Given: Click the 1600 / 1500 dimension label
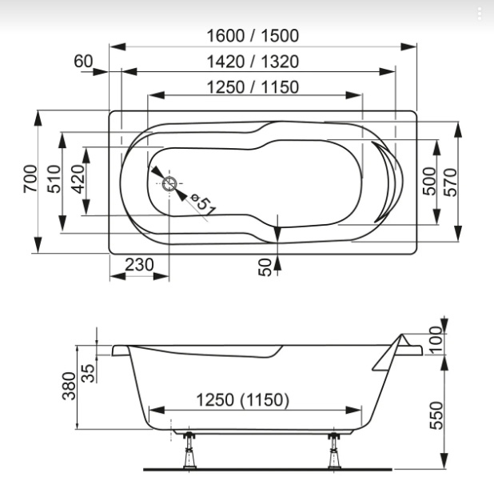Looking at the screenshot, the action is [x=253, y=36].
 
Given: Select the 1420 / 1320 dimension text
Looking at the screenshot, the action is [x=253, y=62].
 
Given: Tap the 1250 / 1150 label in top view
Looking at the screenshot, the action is [x=253, y=87].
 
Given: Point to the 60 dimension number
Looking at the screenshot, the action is [x=83, y=61].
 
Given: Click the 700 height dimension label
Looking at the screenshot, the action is [x=30, y=178].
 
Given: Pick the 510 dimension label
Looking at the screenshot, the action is [x=54, y=178].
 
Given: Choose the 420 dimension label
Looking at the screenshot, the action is [x=78, y=178].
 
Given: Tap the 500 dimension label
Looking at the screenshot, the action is [x=429, y=181].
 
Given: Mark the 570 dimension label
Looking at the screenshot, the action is [x=451, y=182].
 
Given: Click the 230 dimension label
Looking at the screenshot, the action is [x=139, y=265].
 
